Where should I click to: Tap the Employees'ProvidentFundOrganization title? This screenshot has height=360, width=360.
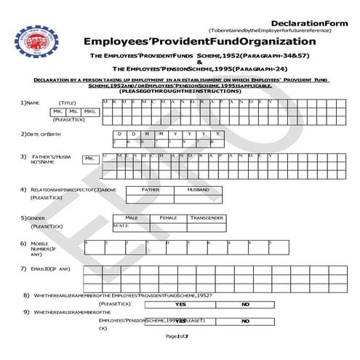point(199,41)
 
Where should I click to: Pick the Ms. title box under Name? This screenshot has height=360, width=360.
point(73,111)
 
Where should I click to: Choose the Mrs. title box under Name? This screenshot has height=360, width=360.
point(90,111)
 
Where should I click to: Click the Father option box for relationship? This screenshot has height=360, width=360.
point(150,189)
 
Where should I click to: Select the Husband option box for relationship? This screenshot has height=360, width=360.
point(198,189)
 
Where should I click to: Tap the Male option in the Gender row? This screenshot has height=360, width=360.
point(132,217)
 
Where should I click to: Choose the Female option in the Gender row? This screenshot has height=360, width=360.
point(168,217)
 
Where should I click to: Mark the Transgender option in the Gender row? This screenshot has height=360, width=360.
point(207,217)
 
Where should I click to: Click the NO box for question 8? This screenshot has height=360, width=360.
point(245,304)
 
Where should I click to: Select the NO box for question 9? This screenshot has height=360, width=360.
point(245,321)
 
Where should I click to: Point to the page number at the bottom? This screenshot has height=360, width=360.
point(177,336)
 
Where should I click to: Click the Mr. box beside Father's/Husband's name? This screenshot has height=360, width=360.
point(89,159)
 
